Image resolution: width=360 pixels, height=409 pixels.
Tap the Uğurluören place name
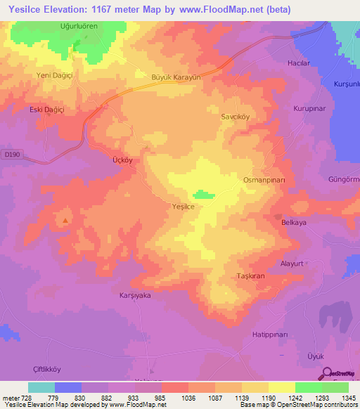click(x=77, y=25)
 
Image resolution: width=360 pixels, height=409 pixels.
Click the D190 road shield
click(x=10, y=155)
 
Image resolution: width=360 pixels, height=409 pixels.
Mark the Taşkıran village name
click(x=250, y=275)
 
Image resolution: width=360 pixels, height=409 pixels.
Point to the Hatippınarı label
click(x=272, y=334)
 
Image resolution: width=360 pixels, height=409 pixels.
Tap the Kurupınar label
click(x=309, y=109)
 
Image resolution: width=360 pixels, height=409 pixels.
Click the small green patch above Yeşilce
click(x=204, y=194)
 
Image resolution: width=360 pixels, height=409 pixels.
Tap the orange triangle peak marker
click(x=65, y=221)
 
